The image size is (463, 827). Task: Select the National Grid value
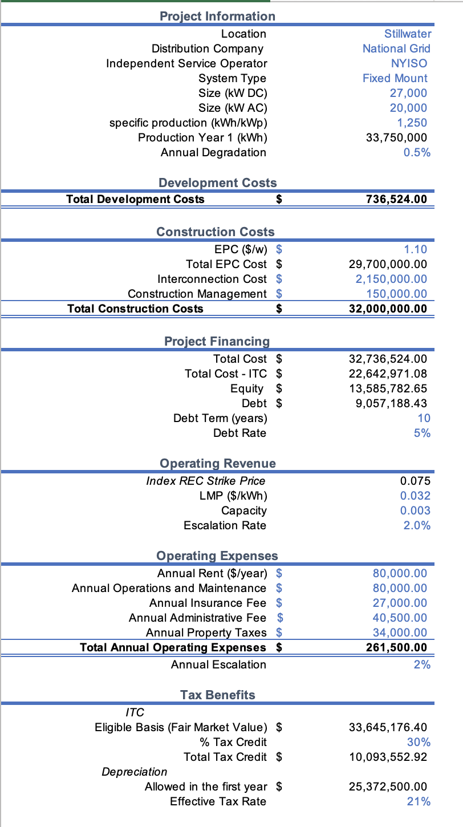click(396, 49)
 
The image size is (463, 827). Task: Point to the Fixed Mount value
click(395, 79)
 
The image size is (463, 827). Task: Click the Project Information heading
click(217, 17)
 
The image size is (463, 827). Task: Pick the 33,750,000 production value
click(396, 137)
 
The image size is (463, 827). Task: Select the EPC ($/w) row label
click(240, 249)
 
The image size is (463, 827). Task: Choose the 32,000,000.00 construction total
click(388, 309)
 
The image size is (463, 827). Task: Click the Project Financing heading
click(217, 341)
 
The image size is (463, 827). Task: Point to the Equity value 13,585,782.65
click(388, 388)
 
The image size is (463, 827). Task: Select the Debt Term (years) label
click(220, 418)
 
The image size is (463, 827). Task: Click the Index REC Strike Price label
click(206, 481)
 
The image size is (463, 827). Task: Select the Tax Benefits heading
click(217, 695)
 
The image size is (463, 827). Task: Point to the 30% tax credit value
click(419, 742)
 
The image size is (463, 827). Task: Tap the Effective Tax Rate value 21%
click(419, 801)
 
